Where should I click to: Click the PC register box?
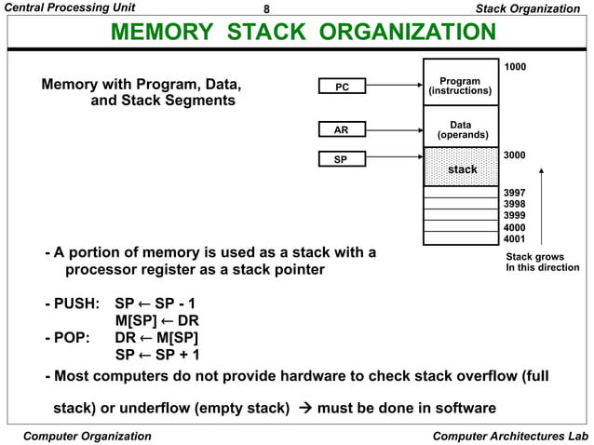(342, 87)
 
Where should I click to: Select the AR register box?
(342, 130)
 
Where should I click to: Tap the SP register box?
(342, 160)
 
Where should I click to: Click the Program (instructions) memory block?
(460, 87)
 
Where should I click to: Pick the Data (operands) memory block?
(460, 130)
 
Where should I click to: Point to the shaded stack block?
(460, 169)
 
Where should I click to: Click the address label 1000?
(514, 66)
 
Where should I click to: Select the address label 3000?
(514, 155)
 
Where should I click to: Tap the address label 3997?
(514, 193)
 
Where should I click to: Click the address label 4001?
(514, 237)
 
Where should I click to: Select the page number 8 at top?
(267, 8)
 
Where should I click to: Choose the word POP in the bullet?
(73, 337)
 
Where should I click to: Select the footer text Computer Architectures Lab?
(511, 436)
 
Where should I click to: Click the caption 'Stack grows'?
(534, 256)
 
